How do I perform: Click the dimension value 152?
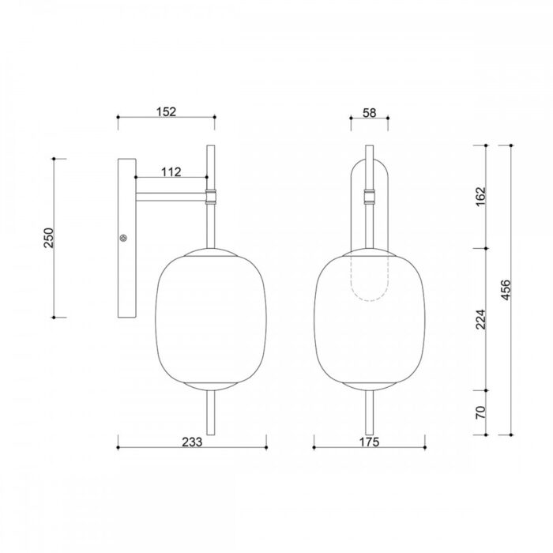[x=166, y=111]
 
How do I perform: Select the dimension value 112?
[x=171, y=171]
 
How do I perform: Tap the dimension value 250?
[x=49, y=238]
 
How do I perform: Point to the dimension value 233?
[x=192, y=442]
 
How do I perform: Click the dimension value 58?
[x=369, y=113]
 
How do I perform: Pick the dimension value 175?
[x=369, y=442]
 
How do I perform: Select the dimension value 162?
[x=480, y=197]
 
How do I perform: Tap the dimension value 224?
[x=480, y=319]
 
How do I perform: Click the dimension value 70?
[x=480, y=412]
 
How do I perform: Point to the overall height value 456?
[x=506, y=290]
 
